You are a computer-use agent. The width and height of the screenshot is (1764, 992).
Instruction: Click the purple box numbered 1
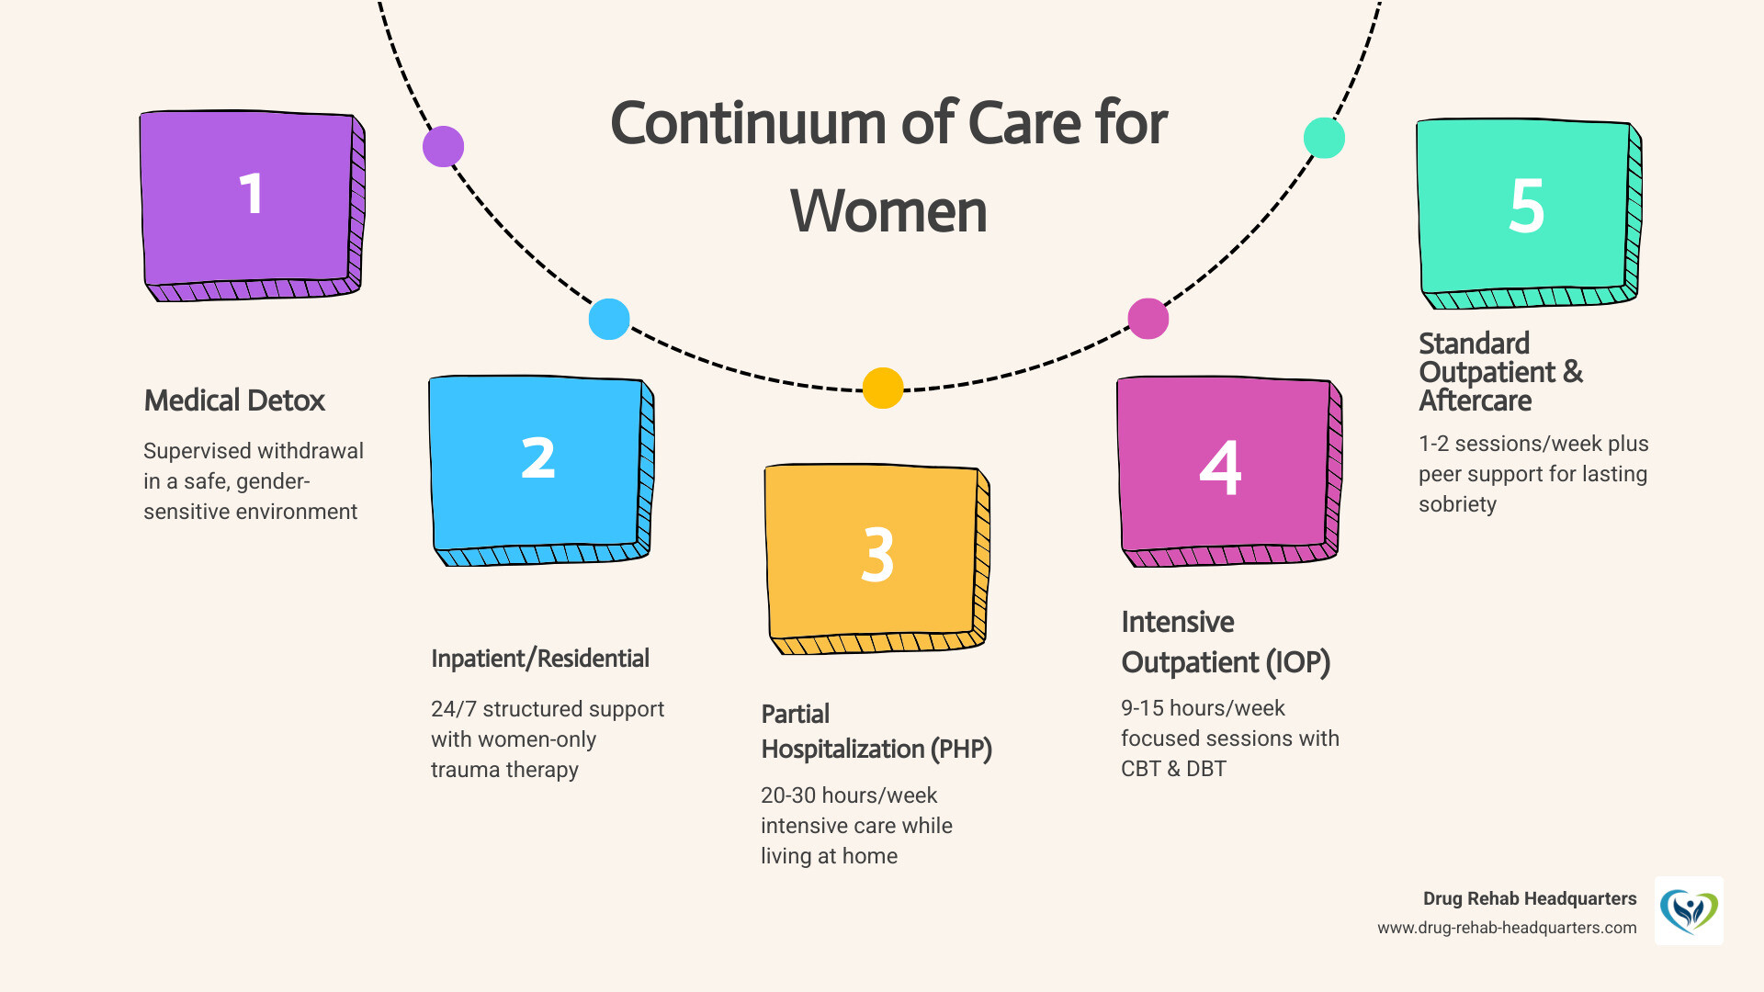pos(250,197)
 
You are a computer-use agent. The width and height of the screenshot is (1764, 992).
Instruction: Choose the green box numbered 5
pos(1525,207)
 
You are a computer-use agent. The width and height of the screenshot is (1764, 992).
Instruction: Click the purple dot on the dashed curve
pos(443,147)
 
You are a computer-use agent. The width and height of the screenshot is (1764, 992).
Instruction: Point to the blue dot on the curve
pos(608,320)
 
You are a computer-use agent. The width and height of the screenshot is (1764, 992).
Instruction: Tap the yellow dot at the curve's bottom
pos(883,388)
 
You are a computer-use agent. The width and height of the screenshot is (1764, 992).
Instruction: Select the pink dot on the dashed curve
pos(1148,319)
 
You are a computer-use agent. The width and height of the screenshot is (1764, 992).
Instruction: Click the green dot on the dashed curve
pos(1324,138)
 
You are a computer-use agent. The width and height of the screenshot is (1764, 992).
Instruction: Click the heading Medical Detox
pos(234,400)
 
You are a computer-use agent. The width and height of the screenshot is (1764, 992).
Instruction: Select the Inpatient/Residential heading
pos(539,659)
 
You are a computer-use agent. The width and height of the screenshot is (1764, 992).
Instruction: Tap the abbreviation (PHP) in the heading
pos(961,750)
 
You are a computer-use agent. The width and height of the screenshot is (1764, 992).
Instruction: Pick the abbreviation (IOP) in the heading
pos(1297,662)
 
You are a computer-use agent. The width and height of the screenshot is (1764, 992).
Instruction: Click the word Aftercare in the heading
pos(1475,401)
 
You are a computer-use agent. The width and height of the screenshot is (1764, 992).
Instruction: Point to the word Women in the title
pos(888,211)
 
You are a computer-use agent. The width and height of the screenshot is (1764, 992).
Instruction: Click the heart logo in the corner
pos(1689,911)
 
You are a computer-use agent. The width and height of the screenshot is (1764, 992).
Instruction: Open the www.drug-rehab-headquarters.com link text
pos(1507,928)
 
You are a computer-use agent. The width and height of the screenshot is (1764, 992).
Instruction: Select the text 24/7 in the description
pos(454,709)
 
